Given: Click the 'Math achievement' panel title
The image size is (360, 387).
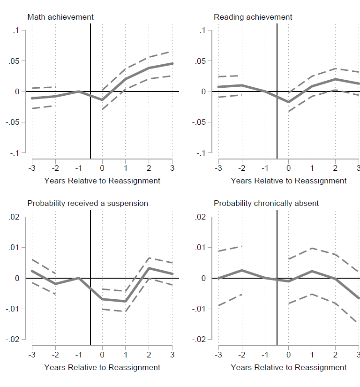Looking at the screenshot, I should coord(60,17).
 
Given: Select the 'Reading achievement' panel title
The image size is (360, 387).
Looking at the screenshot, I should coord(253,17).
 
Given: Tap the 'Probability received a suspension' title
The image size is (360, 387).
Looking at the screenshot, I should coord(88,203).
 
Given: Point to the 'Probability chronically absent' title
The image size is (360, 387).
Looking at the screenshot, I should coord(266,203).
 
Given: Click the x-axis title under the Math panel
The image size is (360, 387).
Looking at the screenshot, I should coord(102,181).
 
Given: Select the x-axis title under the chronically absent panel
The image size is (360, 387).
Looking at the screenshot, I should coord(289,367).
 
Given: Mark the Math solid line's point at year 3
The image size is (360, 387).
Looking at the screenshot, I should coord(172,63).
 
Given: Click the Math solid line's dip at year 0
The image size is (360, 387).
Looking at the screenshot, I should coord(102,100).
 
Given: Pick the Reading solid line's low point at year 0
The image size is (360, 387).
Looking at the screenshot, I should coord(288,102).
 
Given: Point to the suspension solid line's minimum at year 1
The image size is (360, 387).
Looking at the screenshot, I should coord(125,301).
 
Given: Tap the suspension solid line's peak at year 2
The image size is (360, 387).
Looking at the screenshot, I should coord(149,268).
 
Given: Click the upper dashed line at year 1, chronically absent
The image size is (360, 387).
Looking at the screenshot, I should coord(312,248).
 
